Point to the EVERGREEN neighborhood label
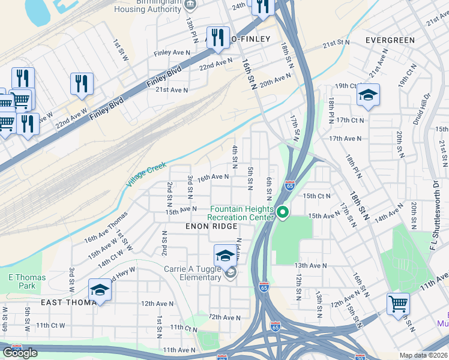coord(390,40)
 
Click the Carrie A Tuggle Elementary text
coord(193,274)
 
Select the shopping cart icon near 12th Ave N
coord(398,304)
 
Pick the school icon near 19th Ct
coord(368,95)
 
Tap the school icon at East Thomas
coord(100,290)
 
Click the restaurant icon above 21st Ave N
coord(82,83)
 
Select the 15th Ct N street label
coord(317,196)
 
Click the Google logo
coord(20,353)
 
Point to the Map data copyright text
coord(424,355)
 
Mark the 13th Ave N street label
coord(310,265)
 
